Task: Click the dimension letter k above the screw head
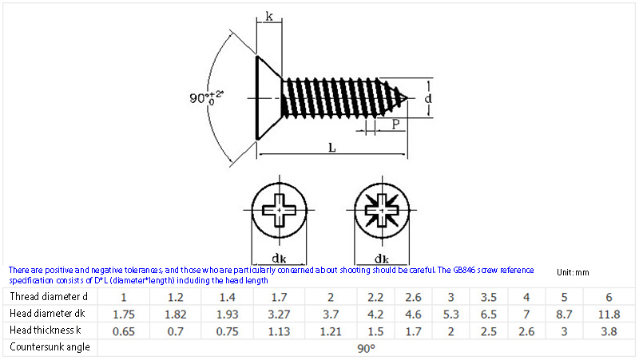click(269, 16)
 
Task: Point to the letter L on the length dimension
click(332, 148)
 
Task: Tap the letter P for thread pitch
click(395, 124)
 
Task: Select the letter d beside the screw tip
click(428, 98)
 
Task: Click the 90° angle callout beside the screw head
click(206, 97)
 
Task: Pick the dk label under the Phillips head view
click(279, 258)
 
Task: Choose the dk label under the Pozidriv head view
click(382, 258)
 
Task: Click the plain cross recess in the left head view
click(279, 210)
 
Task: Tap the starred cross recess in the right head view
click(382, 210)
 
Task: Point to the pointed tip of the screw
click(407, 98)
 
